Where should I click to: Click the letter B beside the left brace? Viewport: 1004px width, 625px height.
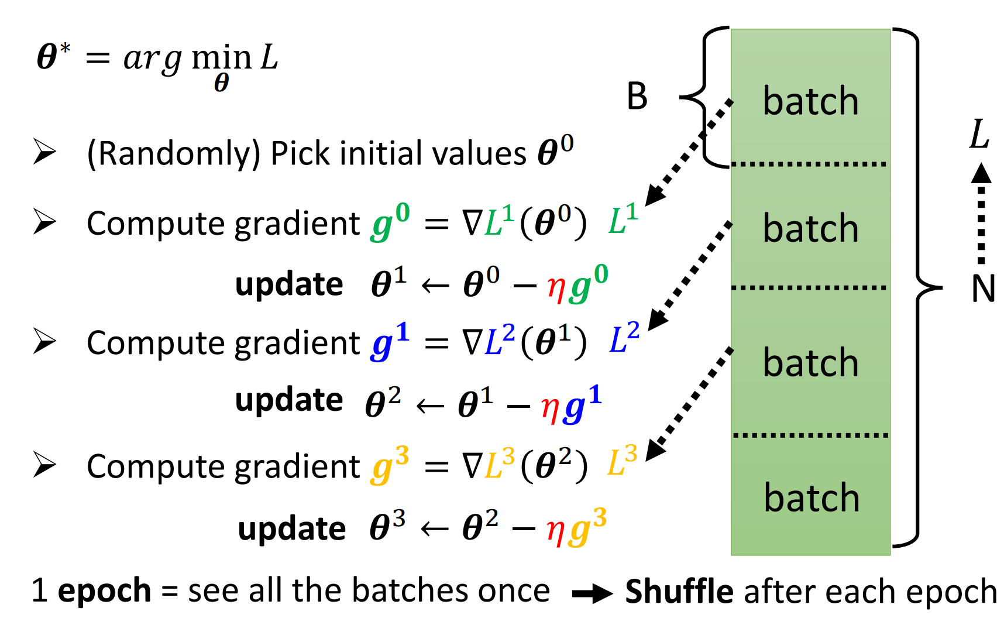point(637,97)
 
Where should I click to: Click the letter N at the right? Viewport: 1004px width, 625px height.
point(983,289)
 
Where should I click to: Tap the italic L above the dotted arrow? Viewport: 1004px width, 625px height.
point(979,134)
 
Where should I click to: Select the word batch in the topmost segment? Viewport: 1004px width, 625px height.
point(810,101)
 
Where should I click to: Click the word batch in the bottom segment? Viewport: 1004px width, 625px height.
point(812,498)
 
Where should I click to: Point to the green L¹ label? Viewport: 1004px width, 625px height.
point(623,220)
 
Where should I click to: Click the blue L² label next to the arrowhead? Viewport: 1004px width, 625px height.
point(624,339)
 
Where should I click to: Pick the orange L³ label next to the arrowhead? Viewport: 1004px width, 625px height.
point(622,462)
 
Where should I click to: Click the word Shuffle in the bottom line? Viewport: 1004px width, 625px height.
point(679,591)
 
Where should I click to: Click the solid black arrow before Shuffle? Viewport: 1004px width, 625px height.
point(592,594)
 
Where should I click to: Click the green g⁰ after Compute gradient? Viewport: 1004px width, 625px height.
point(390,222)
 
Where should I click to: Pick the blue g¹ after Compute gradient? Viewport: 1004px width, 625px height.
point(390,342)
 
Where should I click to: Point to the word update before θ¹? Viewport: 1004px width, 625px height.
point(289,284)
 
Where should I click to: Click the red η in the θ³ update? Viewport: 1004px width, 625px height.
point(555,530)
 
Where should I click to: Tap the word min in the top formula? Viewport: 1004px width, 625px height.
point(221,58)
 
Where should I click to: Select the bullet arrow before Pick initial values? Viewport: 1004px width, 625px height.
point(44,152)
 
